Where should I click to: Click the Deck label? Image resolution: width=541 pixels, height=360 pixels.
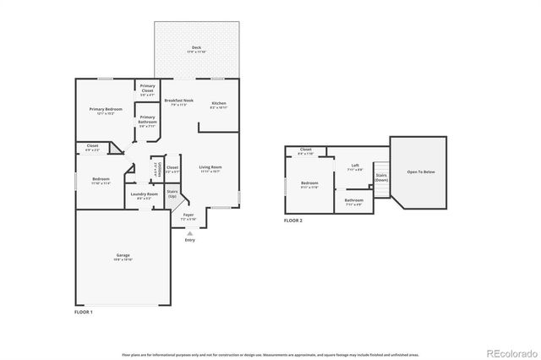[196, 48]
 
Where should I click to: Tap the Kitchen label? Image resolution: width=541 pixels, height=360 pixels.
[219, 104]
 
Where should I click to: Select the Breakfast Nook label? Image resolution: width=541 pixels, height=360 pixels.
[178, 101]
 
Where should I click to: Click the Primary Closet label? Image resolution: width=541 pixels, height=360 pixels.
[147, 88]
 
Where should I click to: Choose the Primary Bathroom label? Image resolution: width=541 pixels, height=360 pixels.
[147, 119]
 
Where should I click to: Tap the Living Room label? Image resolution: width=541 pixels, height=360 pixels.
[210, 168]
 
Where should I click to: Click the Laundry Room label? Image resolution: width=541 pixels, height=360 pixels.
[144, 195]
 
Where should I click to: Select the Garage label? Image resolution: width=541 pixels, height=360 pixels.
[123, 257]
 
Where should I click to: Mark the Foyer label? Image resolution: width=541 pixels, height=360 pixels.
[189, 216]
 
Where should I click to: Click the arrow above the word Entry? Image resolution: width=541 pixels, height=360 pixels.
[189, 232]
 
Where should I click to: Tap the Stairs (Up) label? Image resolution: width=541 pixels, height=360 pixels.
[172, 194]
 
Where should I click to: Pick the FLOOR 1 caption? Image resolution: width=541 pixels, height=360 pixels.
[85, 312]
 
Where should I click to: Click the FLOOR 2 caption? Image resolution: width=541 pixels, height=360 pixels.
[293, 221]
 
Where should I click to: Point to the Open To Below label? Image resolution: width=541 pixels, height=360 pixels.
[420, 172]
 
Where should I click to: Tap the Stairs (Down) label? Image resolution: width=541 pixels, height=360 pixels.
[381, 177]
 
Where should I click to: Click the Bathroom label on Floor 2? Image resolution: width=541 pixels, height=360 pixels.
[353, 201]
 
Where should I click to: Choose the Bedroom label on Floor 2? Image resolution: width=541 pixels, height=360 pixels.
[309, 184]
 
